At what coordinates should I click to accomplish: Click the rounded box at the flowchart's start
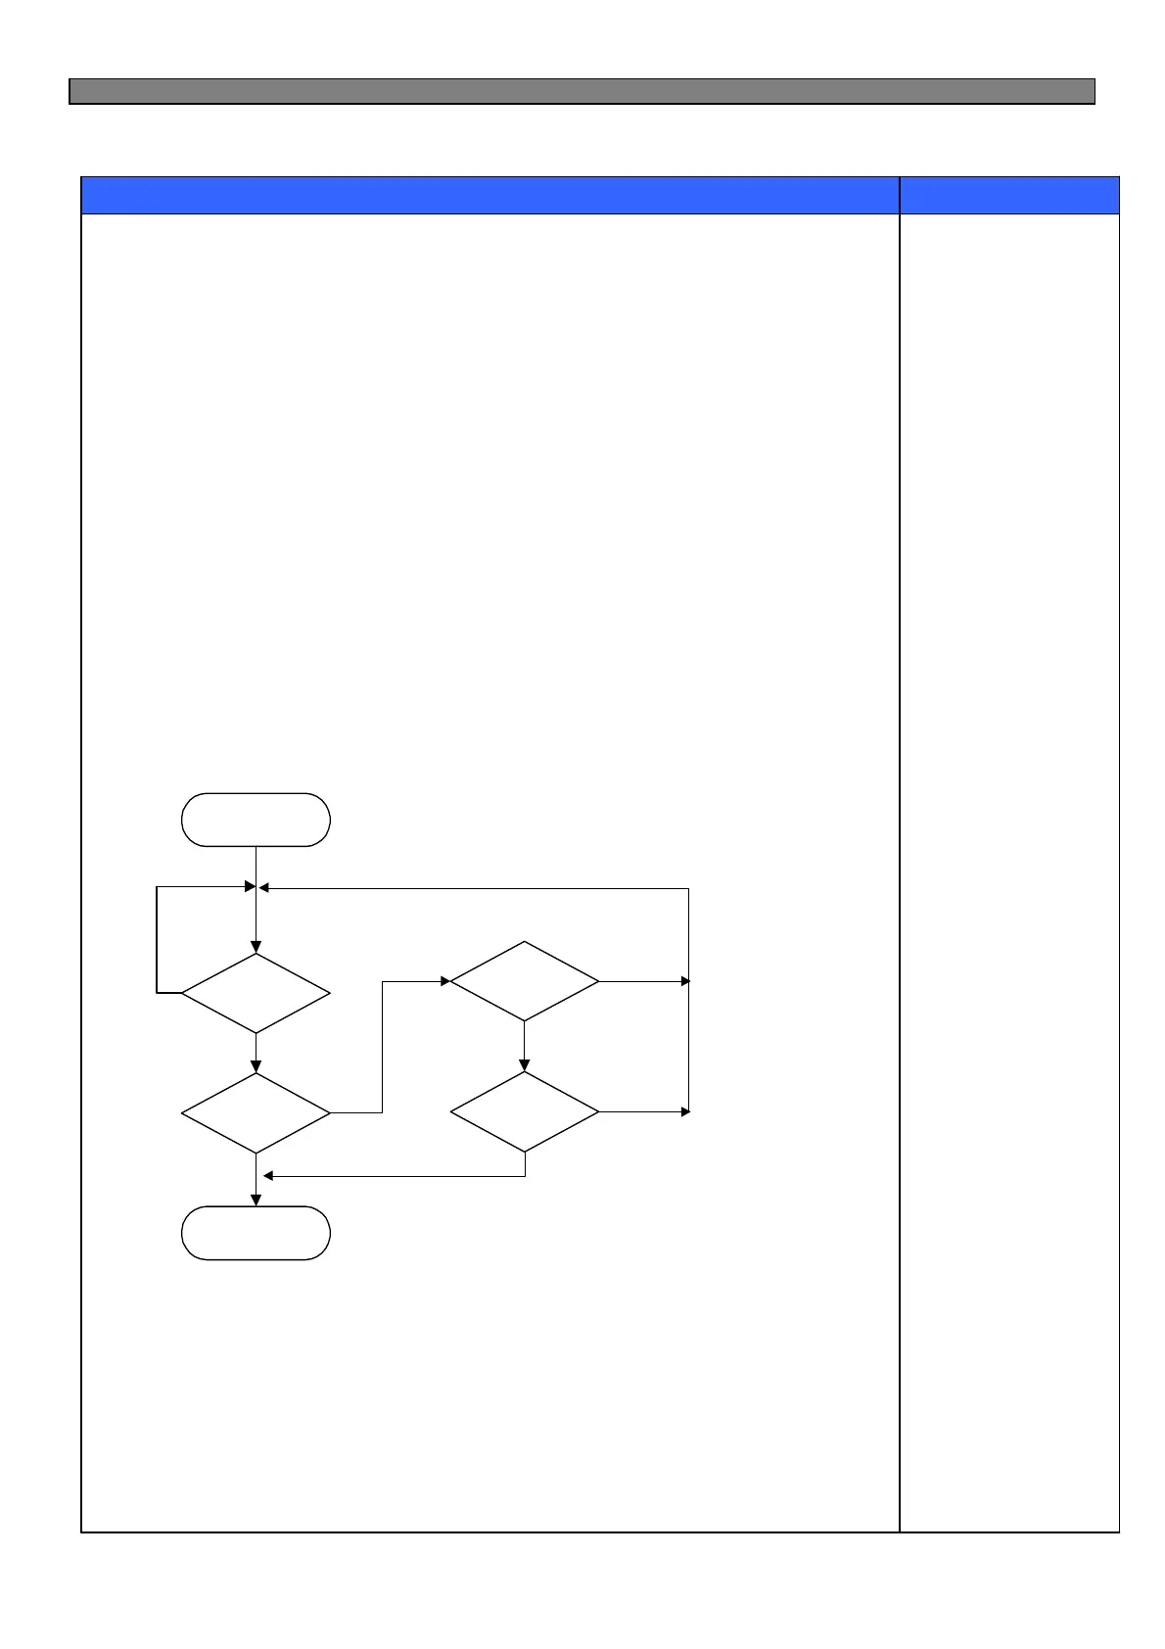pyautogui.click(x=256, y=820)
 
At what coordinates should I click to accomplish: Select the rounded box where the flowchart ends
pyautogui.click(x=256, y=1233)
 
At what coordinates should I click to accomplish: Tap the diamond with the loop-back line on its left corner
pyautogui.click(x=256, y=993)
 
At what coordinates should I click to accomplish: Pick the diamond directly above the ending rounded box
pyautogui.click(x=256, y=1112)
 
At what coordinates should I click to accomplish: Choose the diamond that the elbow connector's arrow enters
pyautogui.click(x=524, y=981)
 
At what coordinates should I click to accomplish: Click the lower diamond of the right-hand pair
pyautogui.click(x=524, y=1111)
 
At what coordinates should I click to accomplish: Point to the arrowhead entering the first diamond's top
pyautogui.click(x=256, y=947)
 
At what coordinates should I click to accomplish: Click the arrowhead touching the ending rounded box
pyautogui.click(x=256, y=1200)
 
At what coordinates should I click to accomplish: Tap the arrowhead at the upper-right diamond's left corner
pyautogui.click(x=444, y=980)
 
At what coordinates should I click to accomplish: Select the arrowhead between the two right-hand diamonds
pyautogui.click(x=524, y=1065)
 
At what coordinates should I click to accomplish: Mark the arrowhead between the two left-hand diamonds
pyautogui.click(x=256, y=1066)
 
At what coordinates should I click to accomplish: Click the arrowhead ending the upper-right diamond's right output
pyautogui.click(x=685, y=980)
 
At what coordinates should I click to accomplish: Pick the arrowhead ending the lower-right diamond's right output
pyautogui.click(x=685, y=1111)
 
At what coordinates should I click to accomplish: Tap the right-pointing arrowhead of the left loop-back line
pyautogui.click(x=250, y=886)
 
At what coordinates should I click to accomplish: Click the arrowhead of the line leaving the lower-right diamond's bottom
pyautogui.click(x=269, y=1175)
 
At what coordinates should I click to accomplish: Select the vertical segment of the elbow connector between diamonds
pyautogui.click(x=381, y=1046)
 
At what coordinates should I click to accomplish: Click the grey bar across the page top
pyautogui.click(x=582, y=91)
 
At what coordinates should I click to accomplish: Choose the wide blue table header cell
pyautogui.click(x=489, y=195)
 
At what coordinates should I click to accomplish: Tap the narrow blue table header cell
pyautogui.click(x=1009, y=195)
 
